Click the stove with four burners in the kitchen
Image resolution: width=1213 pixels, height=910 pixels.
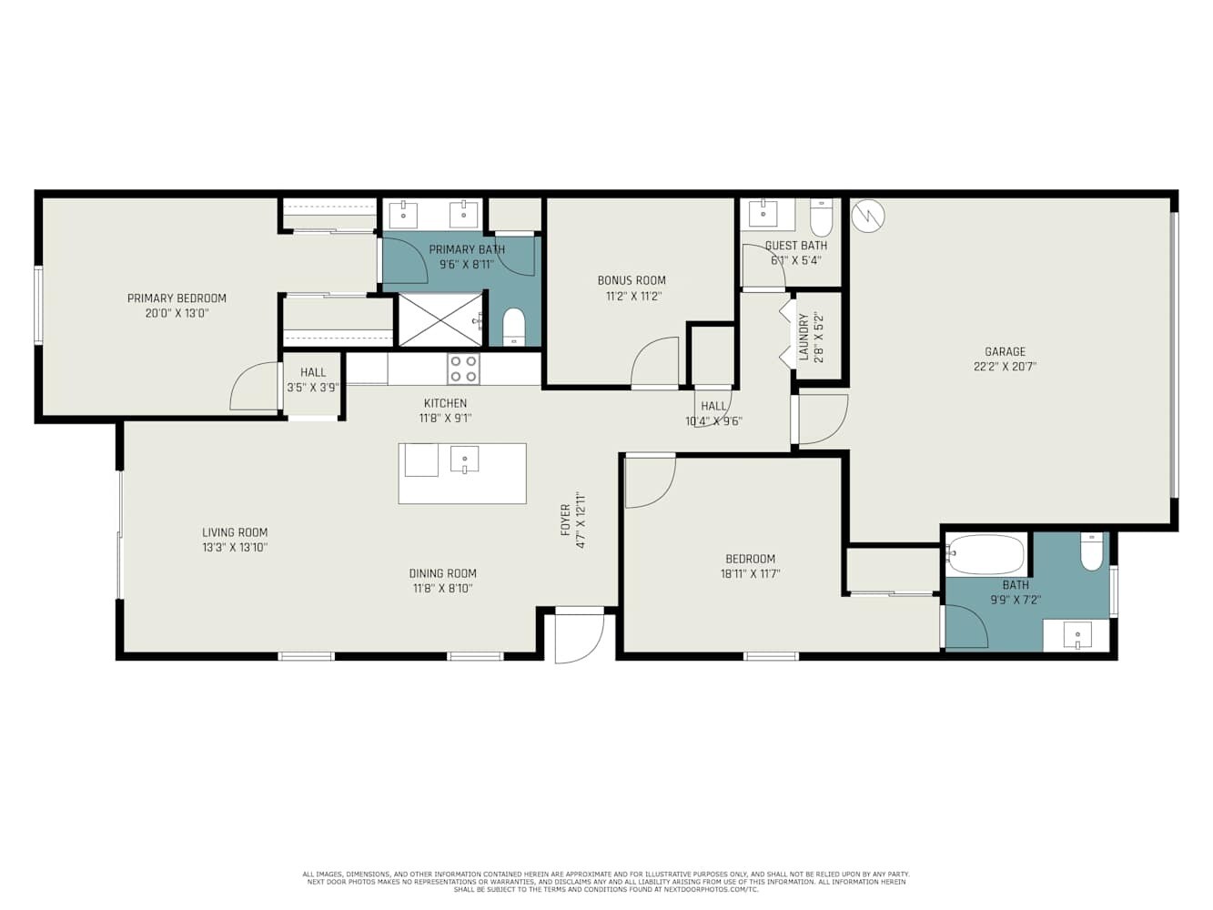tap(463, 369)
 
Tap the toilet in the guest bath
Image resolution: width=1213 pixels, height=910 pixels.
tap(821, 217)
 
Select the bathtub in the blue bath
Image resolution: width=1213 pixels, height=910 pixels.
tap(986, 554)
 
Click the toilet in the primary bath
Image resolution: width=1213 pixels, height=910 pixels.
tap(514, 327)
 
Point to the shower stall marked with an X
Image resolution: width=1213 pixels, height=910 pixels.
tap(440, 319)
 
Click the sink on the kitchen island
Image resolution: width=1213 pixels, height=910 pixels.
tap(464, 460)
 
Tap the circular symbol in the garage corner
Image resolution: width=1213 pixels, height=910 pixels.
tap(868, 216)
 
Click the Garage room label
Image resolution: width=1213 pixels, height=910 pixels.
tap(1005, 351)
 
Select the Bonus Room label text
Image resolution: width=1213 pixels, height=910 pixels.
tap(632, 280)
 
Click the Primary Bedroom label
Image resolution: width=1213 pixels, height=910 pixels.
tap(177, 298)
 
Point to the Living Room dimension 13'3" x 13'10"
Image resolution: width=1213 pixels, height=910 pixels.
tap(235, 548)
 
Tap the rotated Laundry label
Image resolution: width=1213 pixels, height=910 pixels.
tap(804, 337)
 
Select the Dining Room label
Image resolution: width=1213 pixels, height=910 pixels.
tap(442, 573)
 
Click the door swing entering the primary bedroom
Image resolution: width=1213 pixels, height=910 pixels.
tap(255, 387)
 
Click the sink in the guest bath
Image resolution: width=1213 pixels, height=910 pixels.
tap(763, 214)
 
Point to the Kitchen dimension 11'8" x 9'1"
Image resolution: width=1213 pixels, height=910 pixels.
tap(445, 419)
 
